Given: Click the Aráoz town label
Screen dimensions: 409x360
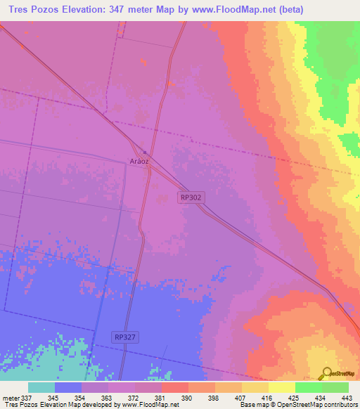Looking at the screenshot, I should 139,160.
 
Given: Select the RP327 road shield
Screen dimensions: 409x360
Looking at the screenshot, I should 124,337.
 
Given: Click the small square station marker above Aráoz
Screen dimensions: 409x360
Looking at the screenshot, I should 144,151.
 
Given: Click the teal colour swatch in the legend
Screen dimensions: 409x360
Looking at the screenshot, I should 41,387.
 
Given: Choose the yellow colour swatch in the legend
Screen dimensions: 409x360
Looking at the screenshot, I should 281,387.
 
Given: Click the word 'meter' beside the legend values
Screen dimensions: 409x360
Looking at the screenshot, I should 10,397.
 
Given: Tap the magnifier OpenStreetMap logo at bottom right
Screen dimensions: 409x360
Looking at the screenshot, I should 328,373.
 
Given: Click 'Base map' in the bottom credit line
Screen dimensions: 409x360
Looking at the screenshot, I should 253,405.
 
